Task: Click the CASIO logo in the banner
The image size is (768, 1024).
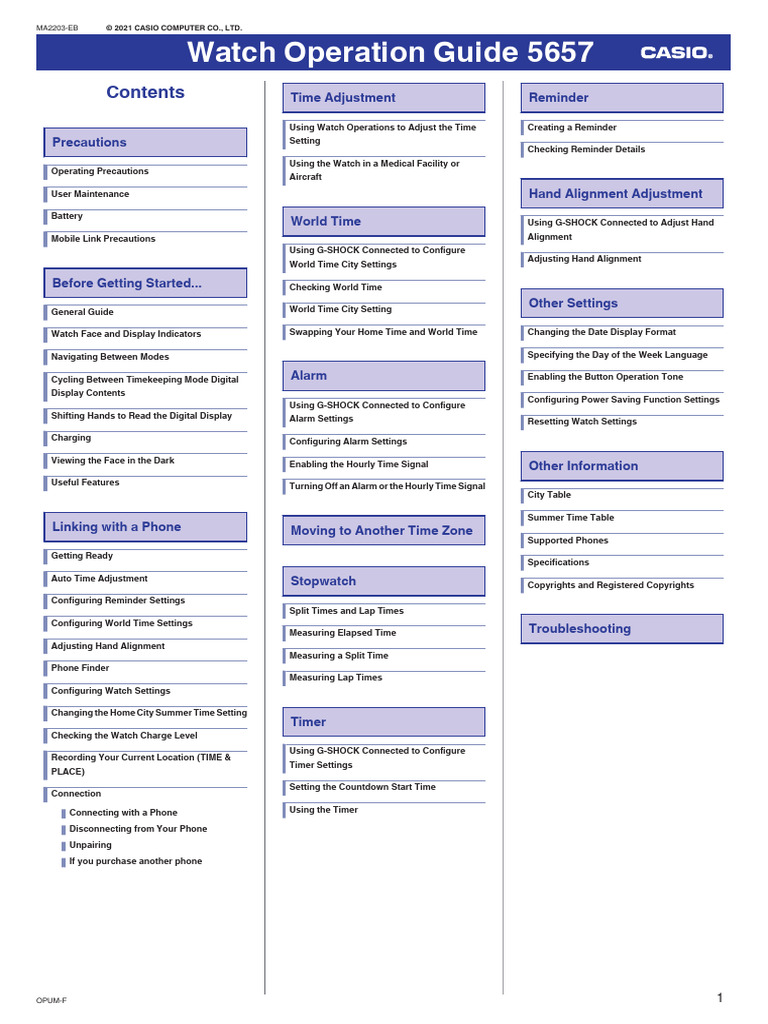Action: [676, 53]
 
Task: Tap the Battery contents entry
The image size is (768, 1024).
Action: [67, 216]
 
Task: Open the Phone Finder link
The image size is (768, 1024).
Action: [80, 668]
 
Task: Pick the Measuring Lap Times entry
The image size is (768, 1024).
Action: [335, 678]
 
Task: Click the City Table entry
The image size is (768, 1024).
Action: [549, 495]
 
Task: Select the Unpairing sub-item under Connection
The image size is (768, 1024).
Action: [90, 845]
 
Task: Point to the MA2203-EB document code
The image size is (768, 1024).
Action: [56, 28]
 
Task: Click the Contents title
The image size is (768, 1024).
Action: [145, 92]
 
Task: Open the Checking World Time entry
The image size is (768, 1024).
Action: [335, 287]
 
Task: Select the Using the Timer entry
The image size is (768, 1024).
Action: [323, 810]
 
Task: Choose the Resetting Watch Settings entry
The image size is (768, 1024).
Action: [582, 422]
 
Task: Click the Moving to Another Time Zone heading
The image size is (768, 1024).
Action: [381, 531]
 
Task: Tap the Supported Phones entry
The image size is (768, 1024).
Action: [567, 541]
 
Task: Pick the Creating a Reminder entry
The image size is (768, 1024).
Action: [572, 128]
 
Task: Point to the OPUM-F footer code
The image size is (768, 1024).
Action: [51, 1000]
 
